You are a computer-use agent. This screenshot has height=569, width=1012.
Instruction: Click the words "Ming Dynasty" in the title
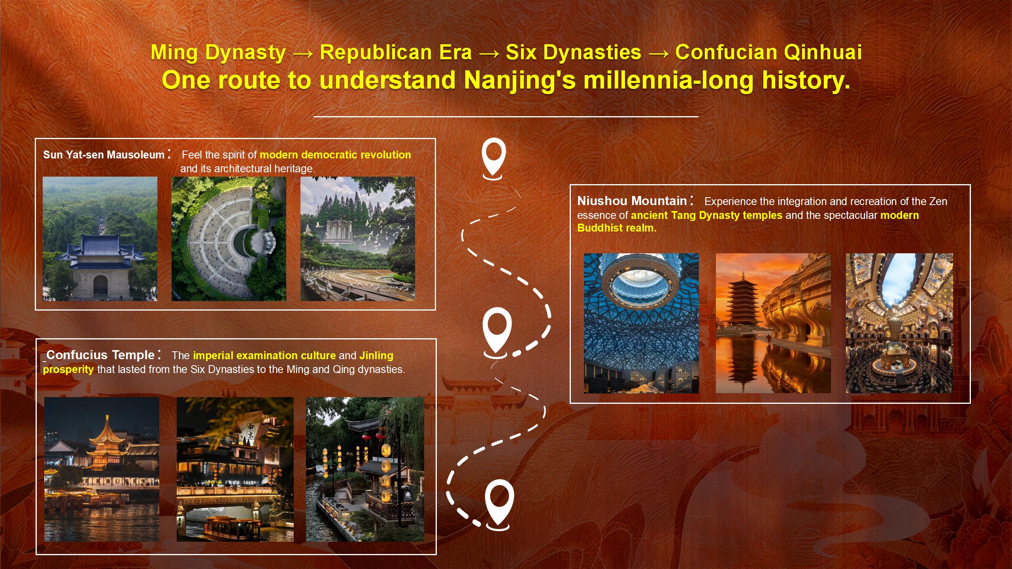218,53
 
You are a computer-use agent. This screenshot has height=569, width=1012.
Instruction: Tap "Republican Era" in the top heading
396,53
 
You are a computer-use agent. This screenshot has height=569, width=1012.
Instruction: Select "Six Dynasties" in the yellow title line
574,53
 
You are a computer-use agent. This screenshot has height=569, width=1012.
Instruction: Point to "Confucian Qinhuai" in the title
768,53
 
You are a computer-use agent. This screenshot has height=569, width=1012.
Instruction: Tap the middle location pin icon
497,333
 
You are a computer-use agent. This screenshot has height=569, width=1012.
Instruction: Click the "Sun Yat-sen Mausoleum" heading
104,155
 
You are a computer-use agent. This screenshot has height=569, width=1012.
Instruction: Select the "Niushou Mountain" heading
632,201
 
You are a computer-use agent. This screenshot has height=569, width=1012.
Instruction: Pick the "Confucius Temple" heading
100,355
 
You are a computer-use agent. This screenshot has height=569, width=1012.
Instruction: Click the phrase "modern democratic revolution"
335,155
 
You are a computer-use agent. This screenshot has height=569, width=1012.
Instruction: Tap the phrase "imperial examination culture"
264,356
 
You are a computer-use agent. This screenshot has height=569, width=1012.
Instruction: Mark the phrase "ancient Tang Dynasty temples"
706,215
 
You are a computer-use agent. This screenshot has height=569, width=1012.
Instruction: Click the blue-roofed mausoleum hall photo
100,239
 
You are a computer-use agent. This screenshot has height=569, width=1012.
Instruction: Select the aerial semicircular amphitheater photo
229,239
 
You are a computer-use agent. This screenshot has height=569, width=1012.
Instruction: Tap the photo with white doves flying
358,239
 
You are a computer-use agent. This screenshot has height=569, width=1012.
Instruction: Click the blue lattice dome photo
641,323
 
